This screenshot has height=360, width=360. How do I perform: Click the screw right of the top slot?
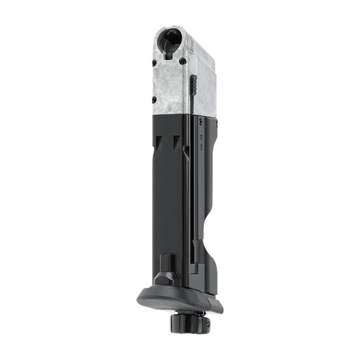[183, 62]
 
